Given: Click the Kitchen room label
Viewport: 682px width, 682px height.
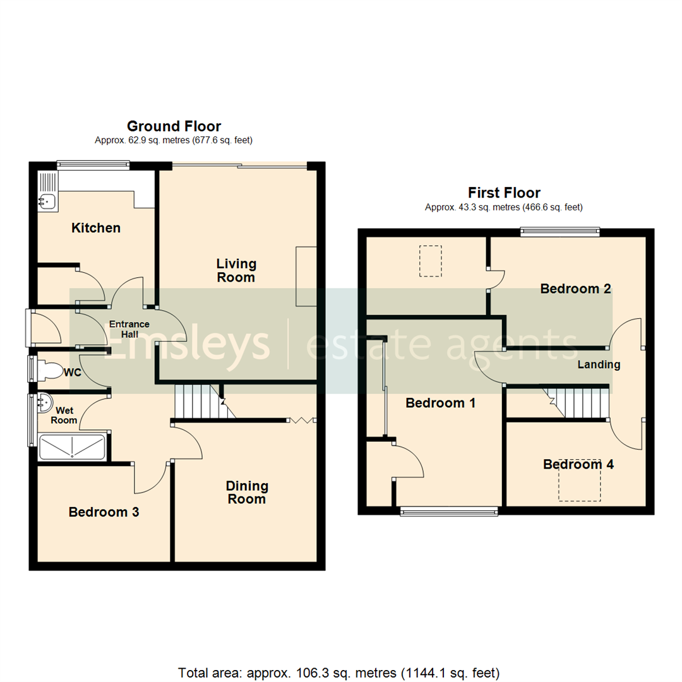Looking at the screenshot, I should click(x=95, y=228).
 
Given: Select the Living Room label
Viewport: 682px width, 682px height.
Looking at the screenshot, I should click(x=236, y=270).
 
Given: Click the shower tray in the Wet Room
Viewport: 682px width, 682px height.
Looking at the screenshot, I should click(x=71, y=447).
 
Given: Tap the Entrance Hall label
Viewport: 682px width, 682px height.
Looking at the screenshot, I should click(x=129, y=329).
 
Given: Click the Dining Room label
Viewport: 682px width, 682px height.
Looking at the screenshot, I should click(x=247, y=492).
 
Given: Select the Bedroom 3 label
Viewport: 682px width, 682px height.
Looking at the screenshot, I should click(x=104, y=512).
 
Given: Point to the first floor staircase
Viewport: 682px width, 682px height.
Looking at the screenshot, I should click(x=578, y=404).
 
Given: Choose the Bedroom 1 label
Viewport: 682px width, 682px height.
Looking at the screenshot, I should click(x=440, y=403).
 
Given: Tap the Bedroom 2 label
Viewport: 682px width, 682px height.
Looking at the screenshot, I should click(x=575, y=289).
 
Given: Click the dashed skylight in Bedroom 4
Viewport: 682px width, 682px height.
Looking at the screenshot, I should click(x=579, y=480).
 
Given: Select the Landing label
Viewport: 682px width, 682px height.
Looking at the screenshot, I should click(x=599, y=364).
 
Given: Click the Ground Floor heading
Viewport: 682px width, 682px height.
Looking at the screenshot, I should click(x=174, y=126).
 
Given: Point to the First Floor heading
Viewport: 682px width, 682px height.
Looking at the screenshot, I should click(x=503, y=193).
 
